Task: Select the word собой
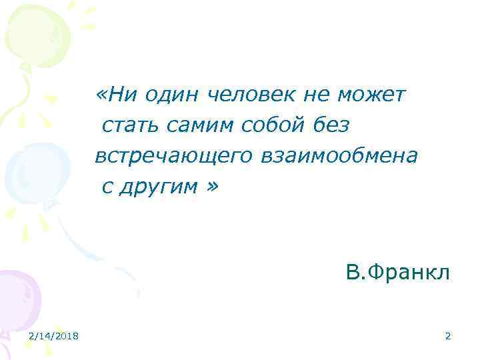point(264,125)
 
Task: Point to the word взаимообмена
point(337,156)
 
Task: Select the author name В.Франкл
point(398,273)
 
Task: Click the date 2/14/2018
point(53,336)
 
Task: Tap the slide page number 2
point(448,336)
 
